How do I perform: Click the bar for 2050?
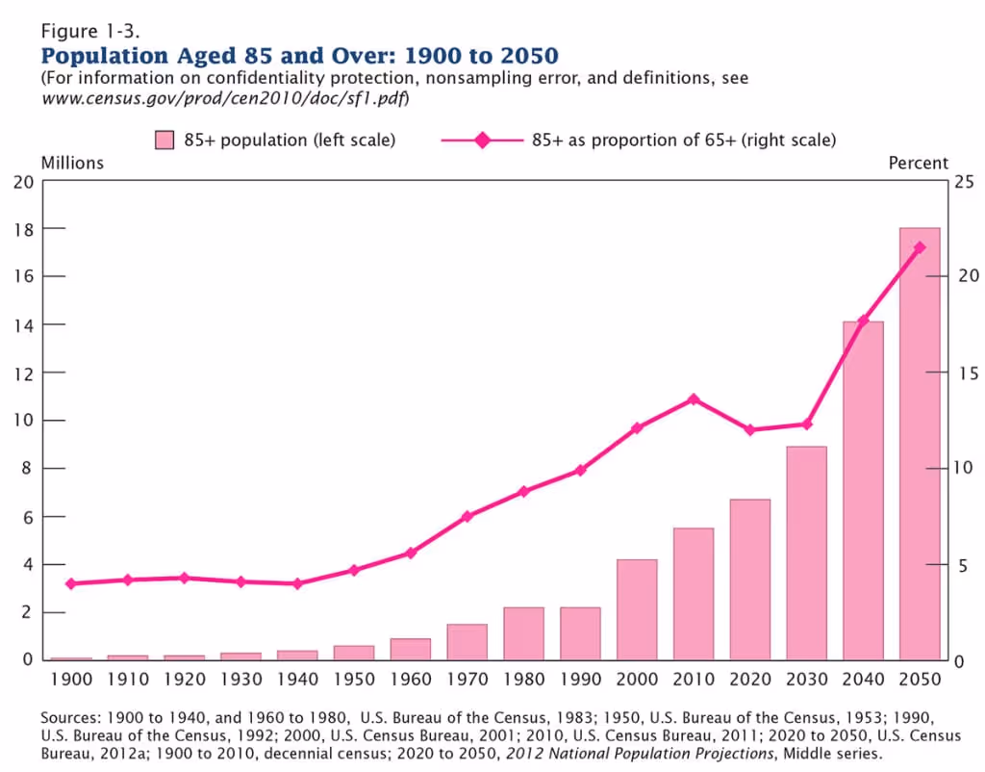pos(919,443)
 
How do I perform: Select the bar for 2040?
pos(863,491)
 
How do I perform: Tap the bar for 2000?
pos(637,609)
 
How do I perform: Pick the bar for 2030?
pos(806,553)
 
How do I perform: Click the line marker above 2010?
pos(694,399)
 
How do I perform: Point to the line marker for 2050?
pos(920,247)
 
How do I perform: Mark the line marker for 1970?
pos(467,517)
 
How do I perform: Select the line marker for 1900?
pos(71,583)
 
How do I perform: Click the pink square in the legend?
pos(164,141)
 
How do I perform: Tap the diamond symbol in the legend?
pos(483,141)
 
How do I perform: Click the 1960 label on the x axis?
pos(411,680)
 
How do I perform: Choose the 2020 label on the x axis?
pos(750,680)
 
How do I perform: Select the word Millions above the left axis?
pos(72,164)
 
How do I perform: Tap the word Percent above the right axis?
pos(918,164)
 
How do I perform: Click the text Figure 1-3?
pos(95,31)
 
